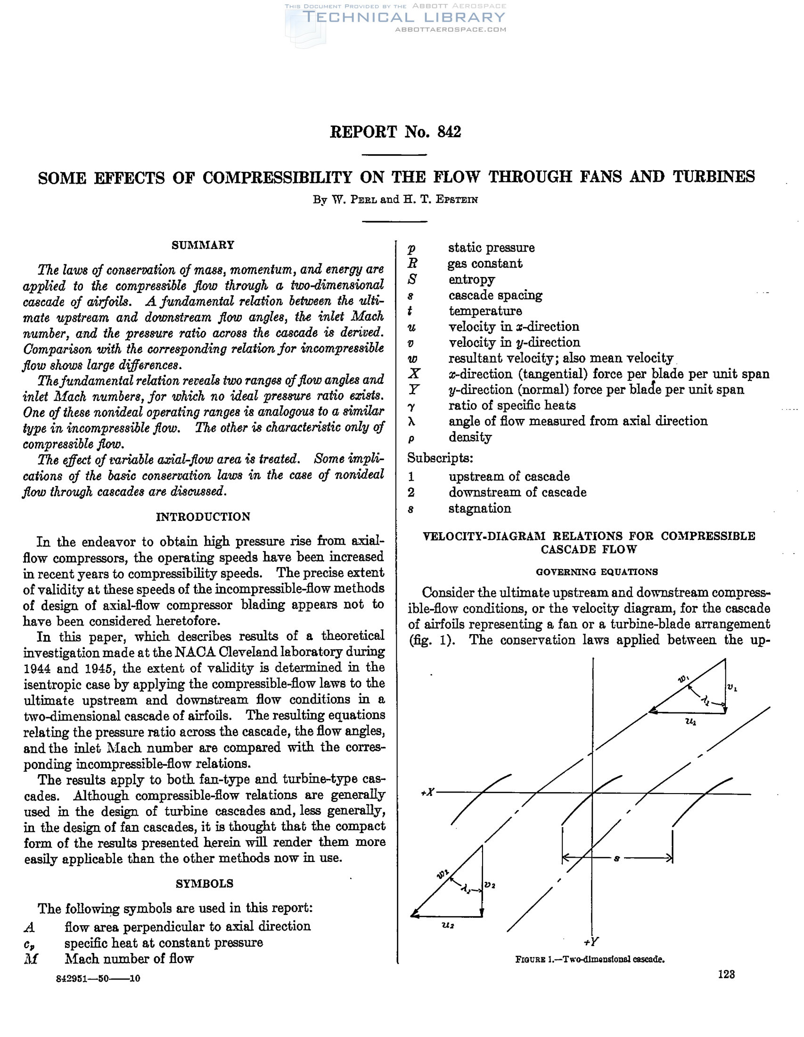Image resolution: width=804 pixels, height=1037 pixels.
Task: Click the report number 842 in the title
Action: (449, 132)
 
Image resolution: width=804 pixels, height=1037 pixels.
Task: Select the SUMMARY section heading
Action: (203, 245)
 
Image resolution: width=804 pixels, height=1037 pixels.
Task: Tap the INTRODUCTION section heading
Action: (203, 517)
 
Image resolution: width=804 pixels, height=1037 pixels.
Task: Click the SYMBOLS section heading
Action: (205, 884)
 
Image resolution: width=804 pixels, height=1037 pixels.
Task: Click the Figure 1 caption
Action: (590, 959)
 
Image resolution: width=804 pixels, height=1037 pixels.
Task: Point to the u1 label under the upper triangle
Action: (690, 721)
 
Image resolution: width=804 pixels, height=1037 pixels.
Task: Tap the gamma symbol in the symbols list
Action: (411, 406)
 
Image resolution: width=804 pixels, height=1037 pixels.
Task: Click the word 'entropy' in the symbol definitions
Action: (471, 280)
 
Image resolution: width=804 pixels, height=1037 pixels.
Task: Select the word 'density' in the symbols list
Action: (470, 437)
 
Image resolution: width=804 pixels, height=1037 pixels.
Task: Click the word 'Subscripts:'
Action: (440, 458)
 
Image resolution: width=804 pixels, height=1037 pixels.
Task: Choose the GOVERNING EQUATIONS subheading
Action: (597, 572)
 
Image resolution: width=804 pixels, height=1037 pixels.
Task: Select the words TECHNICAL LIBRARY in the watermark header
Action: (404, 17)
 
